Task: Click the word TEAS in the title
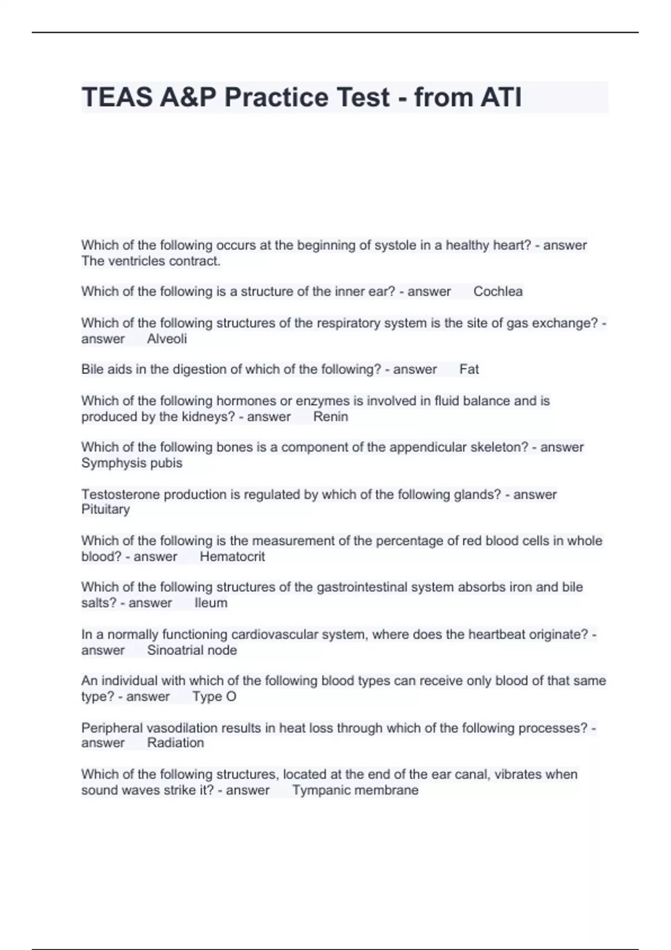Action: (x=117, y=97)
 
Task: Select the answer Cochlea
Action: (x=498, y=292)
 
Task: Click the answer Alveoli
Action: (x=167, y=339)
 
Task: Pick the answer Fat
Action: (x=469, y=369)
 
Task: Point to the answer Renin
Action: (x=330, y=417)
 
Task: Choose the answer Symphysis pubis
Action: (x=132, y=463)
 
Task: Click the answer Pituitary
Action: (x=106, y=510)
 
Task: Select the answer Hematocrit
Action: (x=232, y=557)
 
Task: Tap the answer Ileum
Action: (x=211, y=603)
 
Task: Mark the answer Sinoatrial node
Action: (x=192, y=650)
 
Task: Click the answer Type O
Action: (x=214, y=697)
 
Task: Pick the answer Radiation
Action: (x=175, y=743)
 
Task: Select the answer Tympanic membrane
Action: (x=355, y=790)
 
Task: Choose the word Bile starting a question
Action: (x=93, y=369)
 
